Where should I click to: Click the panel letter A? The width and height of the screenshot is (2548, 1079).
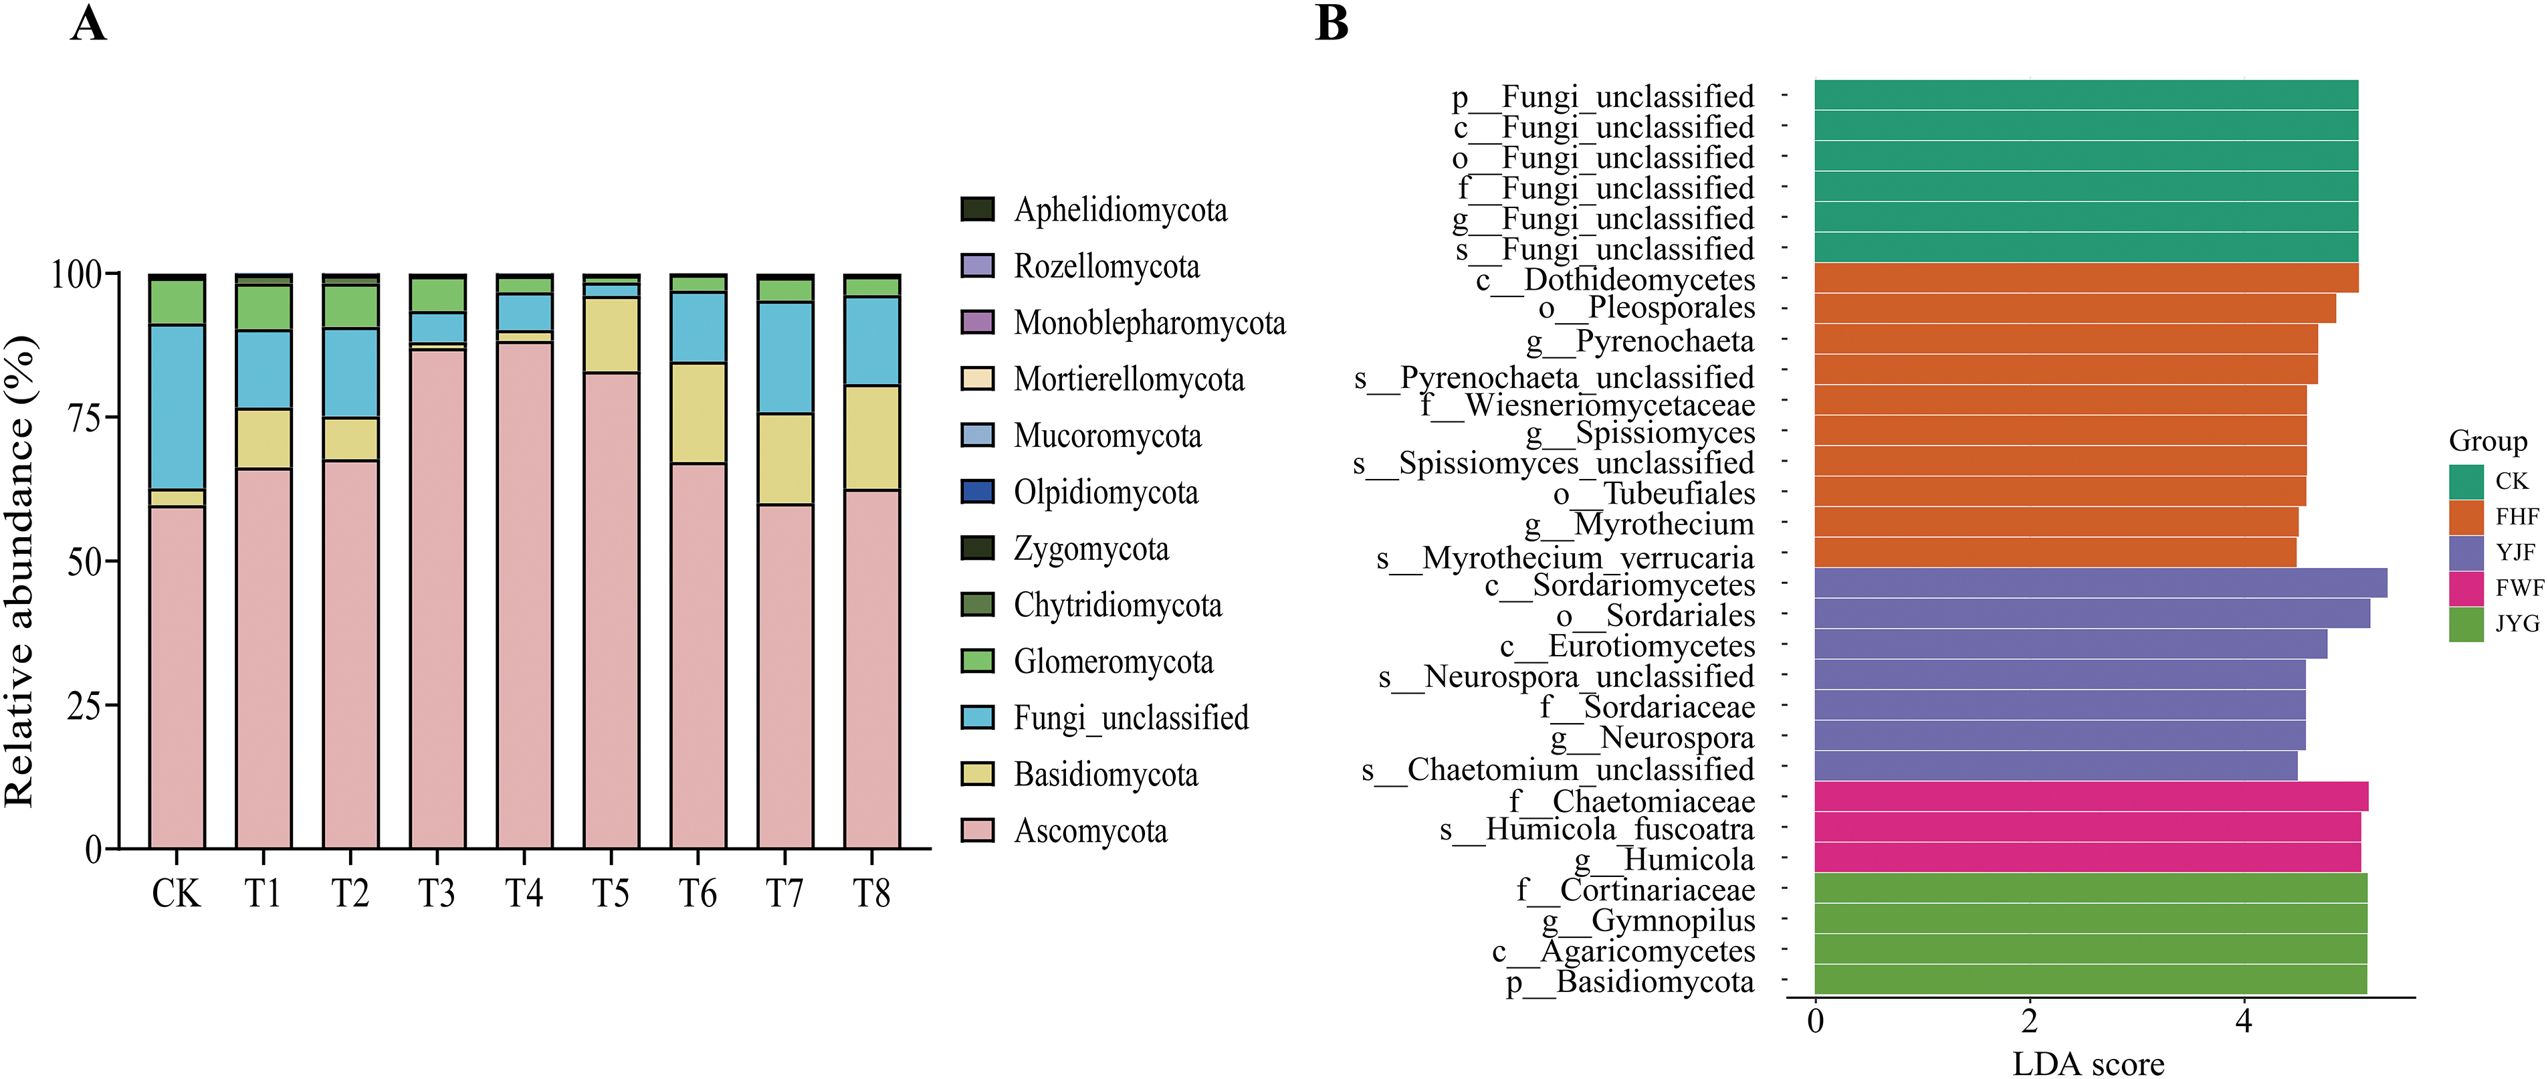(89, 23)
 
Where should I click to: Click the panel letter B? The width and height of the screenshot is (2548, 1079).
(1332, 23)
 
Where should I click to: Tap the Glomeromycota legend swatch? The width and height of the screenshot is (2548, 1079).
(977, 661)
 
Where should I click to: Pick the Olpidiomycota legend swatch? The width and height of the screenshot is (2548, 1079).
(977, 492)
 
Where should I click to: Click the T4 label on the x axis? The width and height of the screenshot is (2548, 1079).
(524, 894)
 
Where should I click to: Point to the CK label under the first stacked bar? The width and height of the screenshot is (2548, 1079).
(176, 894)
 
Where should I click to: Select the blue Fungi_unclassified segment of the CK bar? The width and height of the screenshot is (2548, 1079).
(177, 407)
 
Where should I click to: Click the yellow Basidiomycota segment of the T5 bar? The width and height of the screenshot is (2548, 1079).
(611, 335)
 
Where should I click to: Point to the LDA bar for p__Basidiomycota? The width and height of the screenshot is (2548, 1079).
(2089, 980)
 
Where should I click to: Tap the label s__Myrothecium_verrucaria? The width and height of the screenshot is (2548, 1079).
(1565, 559)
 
